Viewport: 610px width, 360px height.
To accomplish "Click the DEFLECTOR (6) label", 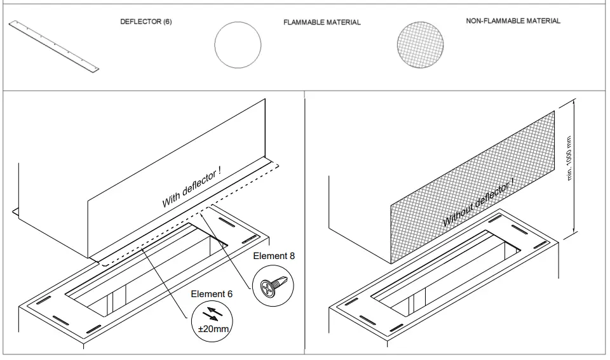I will [x=146, y=22].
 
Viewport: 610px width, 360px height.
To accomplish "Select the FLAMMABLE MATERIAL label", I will [x=322, y=22].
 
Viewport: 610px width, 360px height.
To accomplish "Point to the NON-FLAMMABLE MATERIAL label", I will [x=513, y=21].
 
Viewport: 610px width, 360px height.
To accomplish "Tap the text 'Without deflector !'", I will [x=478, y=203].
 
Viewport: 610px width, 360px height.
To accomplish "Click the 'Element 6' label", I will [x=212, y=294].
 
